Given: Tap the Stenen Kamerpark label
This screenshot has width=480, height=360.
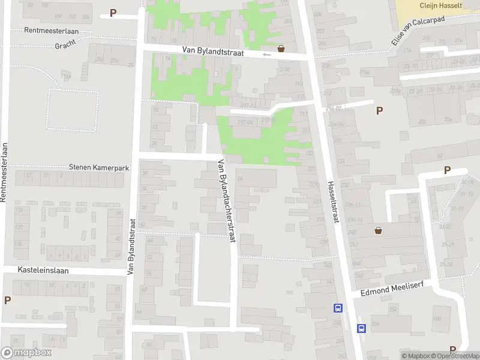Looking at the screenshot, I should click(100, 169).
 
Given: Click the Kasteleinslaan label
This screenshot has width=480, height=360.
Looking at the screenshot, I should click(43, 271).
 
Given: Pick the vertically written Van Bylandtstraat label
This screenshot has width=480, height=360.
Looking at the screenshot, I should click(130, 247).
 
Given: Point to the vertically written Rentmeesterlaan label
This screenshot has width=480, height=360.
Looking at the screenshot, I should click(4, 172).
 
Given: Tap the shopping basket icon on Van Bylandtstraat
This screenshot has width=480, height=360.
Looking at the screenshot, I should click(281, 49).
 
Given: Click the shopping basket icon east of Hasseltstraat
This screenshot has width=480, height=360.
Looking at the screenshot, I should click(379, 230).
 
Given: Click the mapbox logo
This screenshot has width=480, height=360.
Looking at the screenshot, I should click(26, 353).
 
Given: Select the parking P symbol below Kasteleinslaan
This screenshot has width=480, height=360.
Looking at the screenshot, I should click(7, 300).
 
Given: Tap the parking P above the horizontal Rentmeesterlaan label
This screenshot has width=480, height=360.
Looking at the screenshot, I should click(113, 13).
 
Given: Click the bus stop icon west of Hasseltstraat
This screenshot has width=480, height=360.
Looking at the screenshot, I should click(338, 308).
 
